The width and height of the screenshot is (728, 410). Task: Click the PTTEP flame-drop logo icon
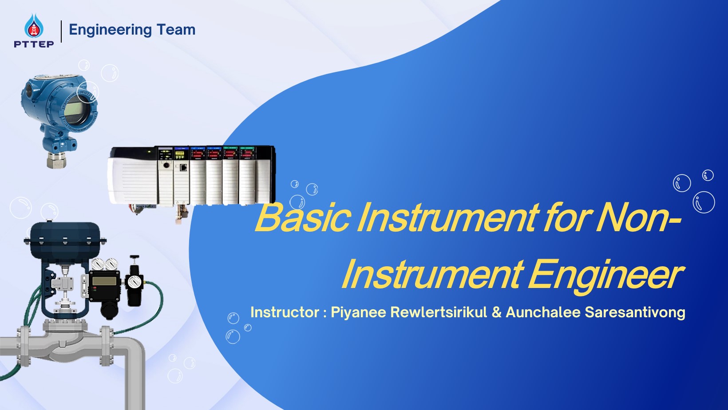pyautogui.click(x=34, y=26)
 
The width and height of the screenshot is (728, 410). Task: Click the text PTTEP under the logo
pyautogui.click(x=34, y=44)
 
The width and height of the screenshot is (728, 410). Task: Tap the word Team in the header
pyautogui.click(x=176, y=30)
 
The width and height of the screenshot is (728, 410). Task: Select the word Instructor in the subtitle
pyautogui.click(x=285, y=312)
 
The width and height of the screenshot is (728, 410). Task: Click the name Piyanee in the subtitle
pyautogui.click(x=358, y=312)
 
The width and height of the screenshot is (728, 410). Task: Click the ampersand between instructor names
pyautogui.click(x=497, y=312)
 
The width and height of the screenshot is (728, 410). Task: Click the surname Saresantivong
pyautogui.click(x=635, y=312)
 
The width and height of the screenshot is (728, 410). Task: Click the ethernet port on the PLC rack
pyautogui.click(x=183, y=167)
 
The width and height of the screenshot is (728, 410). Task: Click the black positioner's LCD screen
pyautogui.click(x=103, y=281)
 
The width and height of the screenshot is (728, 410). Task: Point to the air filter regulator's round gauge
pyautogui.click(x=133, y=282)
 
